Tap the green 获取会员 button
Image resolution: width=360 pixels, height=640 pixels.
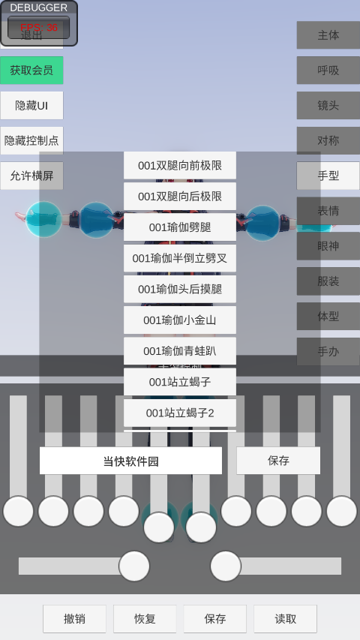(31, 71)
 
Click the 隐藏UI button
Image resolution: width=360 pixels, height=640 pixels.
(31, 106)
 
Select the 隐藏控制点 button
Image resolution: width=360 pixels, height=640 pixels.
(31, 141)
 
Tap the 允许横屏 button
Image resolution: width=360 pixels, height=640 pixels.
(31, 176)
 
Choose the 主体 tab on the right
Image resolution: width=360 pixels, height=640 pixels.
(328, 35)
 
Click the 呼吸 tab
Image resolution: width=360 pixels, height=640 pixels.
(328, 71)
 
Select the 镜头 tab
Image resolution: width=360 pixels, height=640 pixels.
(328, 106)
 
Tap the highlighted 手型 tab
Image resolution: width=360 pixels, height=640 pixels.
(328, 176)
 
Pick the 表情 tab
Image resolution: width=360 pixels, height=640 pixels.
(328, 211)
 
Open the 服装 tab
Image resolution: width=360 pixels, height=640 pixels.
(328, 281)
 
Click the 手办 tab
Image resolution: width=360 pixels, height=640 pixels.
(328, 351)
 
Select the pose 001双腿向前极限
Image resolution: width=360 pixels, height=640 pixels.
(180, 166)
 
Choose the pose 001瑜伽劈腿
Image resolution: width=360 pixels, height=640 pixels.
(180, 227)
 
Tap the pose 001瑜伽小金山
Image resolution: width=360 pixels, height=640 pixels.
(180, 320)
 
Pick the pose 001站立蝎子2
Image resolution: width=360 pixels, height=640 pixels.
(180, 413)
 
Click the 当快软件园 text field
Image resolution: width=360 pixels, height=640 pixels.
(130, 461)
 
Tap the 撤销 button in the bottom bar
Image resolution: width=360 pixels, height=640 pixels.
(74, 619)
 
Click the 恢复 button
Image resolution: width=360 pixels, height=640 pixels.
(145, 619)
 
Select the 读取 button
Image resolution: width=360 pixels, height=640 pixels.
(285, 619)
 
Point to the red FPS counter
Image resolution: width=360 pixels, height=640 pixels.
(39, 28)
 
